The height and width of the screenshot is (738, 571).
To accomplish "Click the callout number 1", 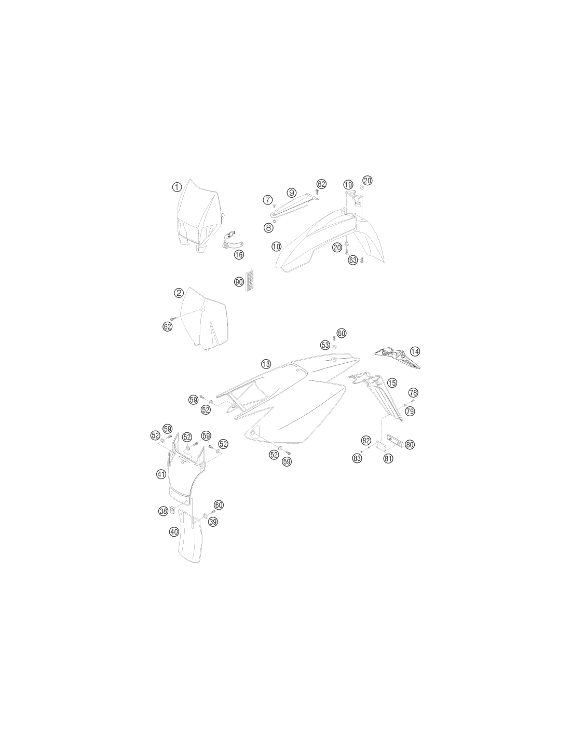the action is pos(176,187).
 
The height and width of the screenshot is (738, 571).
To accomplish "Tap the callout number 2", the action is pos(179,293).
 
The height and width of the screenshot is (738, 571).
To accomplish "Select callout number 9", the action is pos(291,193).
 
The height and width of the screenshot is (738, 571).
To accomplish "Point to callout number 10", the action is pos(277,246).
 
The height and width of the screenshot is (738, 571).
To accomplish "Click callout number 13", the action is pos(266,364).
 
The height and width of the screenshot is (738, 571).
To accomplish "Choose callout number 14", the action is pos(415,351).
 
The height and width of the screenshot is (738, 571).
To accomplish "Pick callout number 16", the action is pos(239,254).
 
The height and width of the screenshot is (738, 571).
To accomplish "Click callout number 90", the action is pos(239,282).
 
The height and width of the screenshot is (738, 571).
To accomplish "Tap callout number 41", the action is pos(161,474).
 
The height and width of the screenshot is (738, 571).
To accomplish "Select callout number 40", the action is pos(174,532).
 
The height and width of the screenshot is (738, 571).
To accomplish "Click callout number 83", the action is pos(357,458).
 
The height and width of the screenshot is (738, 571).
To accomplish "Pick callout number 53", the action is pos(325,345).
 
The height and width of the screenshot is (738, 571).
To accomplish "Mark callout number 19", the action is pos(348,185).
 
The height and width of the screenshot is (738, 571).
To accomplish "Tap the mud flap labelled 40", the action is pos(190,540).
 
